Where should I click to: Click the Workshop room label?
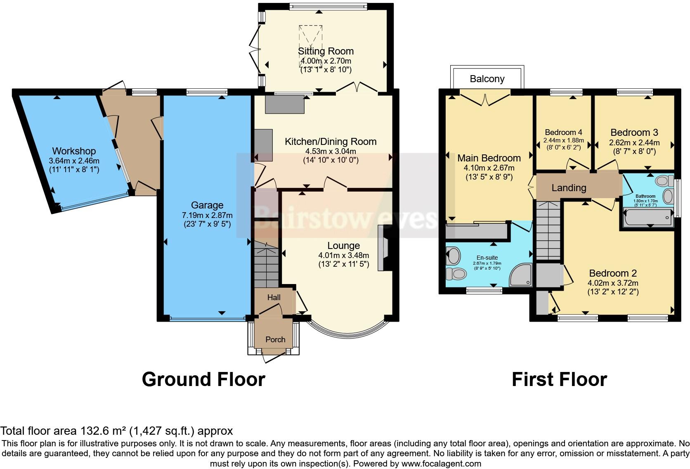[x=74, y=151]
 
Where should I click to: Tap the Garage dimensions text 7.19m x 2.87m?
[x=207, y=215]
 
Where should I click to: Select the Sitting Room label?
[x=326, y=51]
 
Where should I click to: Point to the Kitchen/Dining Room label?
[x=331, y=142]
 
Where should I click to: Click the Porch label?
[x=275, y=339]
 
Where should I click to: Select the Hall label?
[x=274, y=297]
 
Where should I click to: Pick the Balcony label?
[x=487, y=79]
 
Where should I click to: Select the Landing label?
[x=569, y=188]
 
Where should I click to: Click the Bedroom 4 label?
[x=563, y=133]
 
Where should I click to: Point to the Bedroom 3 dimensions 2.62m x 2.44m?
[x=634, y=143]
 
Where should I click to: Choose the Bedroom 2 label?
[x=612, y=273]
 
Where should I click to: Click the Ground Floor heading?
[x=203, y=379]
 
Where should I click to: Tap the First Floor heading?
[x=559, y=379]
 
